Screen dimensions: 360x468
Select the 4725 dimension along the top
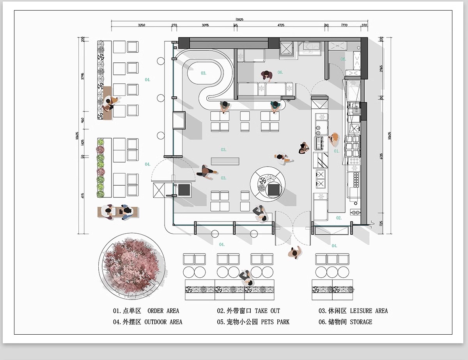point(281,25)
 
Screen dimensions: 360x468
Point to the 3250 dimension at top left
point(142,25)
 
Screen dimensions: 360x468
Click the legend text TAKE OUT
point(267,311)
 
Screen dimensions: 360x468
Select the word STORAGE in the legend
point(361,322)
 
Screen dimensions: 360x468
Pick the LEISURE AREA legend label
point(369,311)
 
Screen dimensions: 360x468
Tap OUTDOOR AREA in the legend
point(163,322)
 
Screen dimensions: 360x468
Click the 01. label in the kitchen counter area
point(337,151)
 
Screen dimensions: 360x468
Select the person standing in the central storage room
point(266,76)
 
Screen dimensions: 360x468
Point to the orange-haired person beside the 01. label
point(334,138)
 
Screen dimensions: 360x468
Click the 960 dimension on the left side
point(83,121)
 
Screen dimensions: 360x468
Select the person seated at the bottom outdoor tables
point(246,277)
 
